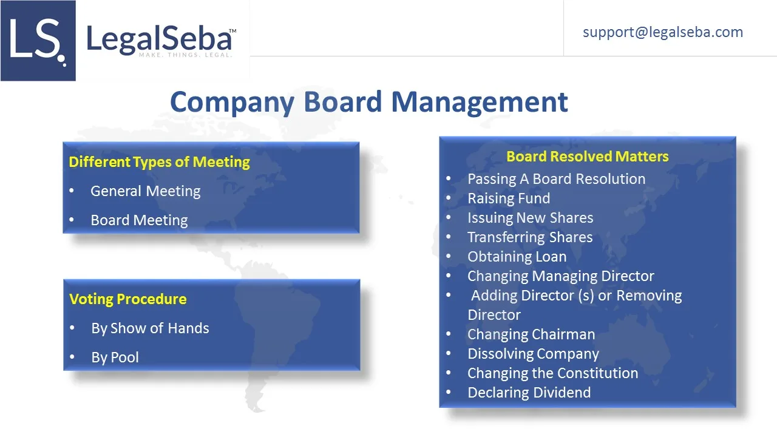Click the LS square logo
click(x=38, y=41)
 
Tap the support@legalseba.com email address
click(x=663, y=33)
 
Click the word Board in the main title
click(x=343, y=102)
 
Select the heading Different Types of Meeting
click(x=159, y=162)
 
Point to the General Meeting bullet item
click(x=145, y=191)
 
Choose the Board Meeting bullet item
click(x=139, y=220)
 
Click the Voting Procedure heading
click(x=127, y=299)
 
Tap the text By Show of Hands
click(x=150, y=328)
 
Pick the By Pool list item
click(x=115, y=357)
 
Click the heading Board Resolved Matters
click(x=587, y=157)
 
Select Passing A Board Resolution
click(x=557, y=179)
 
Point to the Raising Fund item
click(x=509, y=198)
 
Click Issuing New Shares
click(x=531, y=218)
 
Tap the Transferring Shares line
click(x=530, y=237)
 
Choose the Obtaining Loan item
click(x=517, y=257)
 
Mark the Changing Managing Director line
click(x=560, y=276)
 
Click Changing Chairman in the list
click(x=531, y=334)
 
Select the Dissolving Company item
click(x=533, y=354)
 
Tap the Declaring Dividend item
click(x=529, y=393)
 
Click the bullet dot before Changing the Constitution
click(x=449, y=373)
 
